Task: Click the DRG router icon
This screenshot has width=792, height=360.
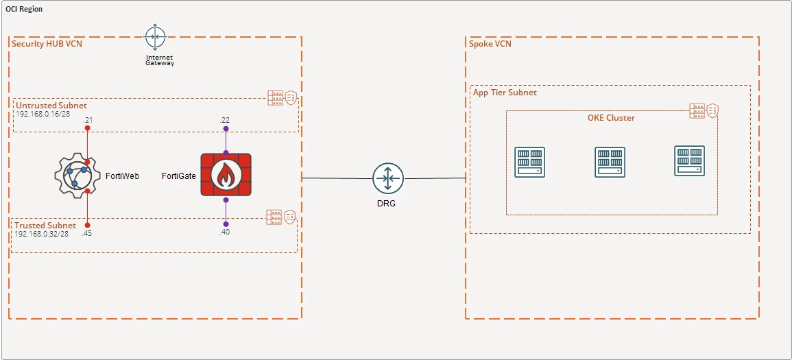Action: pyautogui.click(x=388, y=178)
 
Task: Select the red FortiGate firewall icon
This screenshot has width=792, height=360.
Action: pyautogui.click(x=226, y=176)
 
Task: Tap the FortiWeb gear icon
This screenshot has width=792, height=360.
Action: pyautogui.click(x=75, y=176)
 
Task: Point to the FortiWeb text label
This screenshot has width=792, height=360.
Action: pyautogui.click(x=122, y=176)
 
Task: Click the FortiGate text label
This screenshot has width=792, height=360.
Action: pyautogui.click(x=178, y=176)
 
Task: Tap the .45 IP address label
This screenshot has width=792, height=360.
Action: pyautogui.click(x=86, y=233)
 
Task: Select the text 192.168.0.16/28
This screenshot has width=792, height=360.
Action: pyautogui.click(x=43, y=114)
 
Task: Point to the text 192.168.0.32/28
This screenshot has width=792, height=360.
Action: pyautogui.click(x=42, y=234)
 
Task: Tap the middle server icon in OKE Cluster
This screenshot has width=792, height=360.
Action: pyautogui.click(x=610, y=162)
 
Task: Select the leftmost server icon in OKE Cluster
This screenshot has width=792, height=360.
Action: pyautogui.click(x=529, y=162)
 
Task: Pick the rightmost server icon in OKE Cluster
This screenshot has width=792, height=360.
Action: pyautogui.click(x=689, y=160)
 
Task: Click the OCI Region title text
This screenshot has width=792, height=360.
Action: pyautogui.click(x=24, y=10)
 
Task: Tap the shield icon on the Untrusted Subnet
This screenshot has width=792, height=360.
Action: pyautogui.click(x=291, y=98)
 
